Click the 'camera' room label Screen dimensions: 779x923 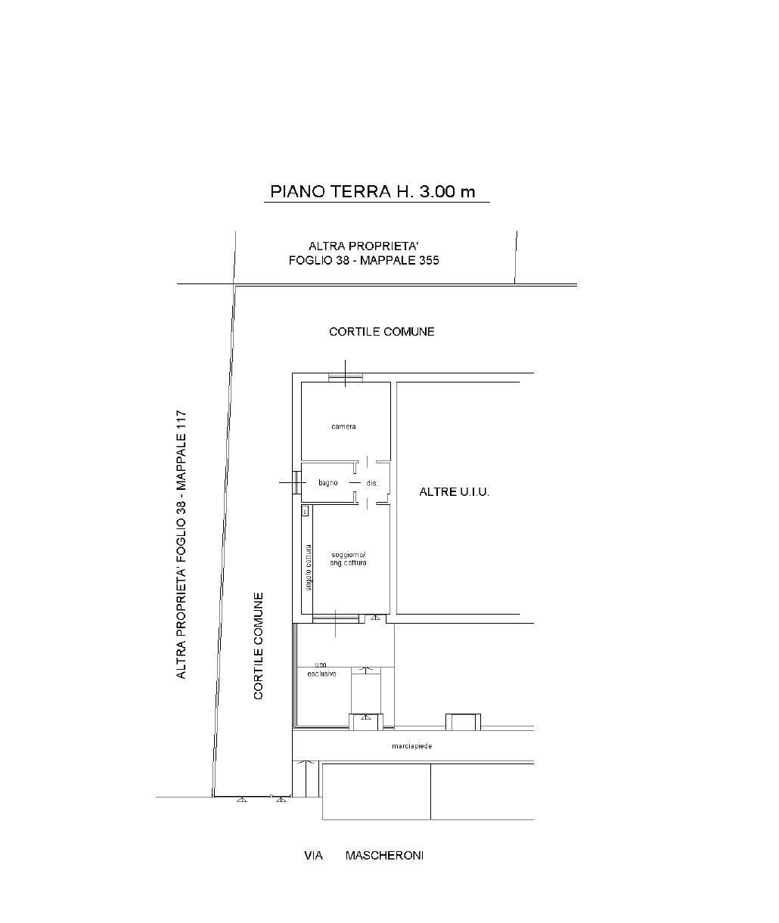pyautogui.click(x=343, y=426)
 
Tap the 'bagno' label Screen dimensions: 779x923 pyautogui.click(x=327, y=483)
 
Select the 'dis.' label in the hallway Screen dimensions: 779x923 pyautogui.click(x=371, y=484)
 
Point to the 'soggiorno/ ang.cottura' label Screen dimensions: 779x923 pyautogui.click(x=348, y=559)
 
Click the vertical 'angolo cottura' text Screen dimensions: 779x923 pyautogui.click(x=309, y=567)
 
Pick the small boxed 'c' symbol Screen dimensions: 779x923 pyautogui.click(x=305, y=512)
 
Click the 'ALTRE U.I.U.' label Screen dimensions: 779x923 pyautogui.click(x=454, y=492)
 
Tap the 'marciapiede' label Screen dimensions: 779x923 pyautogui.click(x=412, y=746)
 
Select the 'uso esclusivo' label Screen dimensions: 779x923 pyautogui.click(x=321, y=669)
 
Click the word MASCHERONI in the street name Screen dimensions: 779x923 pyautogui.click(x=384, y=856)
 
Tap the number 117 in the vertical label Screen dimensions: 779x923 pyautogui.click(x=182, y=423)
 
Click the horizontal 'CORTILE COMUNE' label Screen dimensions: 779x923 pyautogui.click(x=382, y=332)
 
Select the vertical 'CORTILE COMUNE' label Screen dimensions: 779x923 pyautogui.click(x=259, y=646)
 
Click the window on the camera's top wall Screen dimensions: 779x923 pyautogui.click(x=346, y=377)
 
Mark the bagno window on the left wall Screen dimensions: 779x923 pyautogui.click(x=296, y=482)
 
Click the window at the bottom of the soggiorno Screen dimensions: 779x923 pyautogui.click(x=335, y=618)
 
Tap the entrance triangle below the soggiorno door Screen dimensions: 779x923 pyautogui.click(x=375, y=617)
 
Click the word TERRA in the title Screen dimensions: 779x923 pyautogui.click(x=361, y=191)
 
